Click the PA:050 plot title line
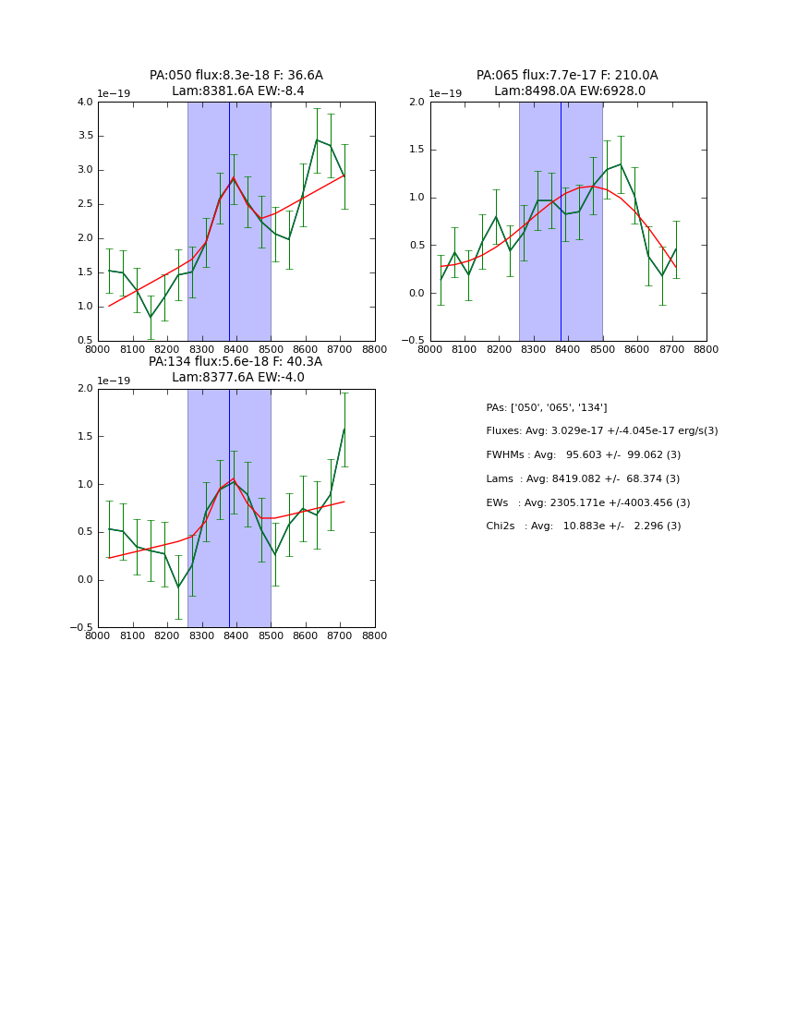(x=236, y=76)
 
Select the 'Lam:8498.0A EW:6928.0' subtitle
(x=569, y=91)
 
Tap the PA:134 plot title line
(x=235, y=362)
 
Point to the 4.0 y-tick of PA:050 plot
(x=84, y=103)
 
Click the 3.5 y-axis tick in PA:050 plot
(x=84, y=136)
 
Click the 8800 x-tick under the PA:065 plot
(x=706, y=350)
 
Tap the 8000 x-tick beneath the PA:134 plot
(x=98, y=636)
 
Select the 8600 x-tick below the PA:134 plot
(x=306, y=636)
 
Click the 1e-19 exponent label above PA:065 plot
(x=445, y=94)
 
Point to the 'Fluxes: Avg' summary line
(x=601, y=431)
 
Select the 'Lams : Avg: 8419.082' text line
(x=583, y=479)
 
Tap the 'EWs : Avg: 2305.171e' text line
(x=587, y=503)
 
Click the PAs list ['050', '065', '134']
(x=546, y=408)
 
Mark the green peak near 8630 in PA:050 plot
(x=317, y=139)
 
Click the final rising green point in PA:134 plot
(x=344, y=429)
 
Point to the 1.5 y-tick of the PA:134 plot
(x=84, y=437)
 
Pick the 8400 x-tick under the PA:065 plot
(x=568, y=350)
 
